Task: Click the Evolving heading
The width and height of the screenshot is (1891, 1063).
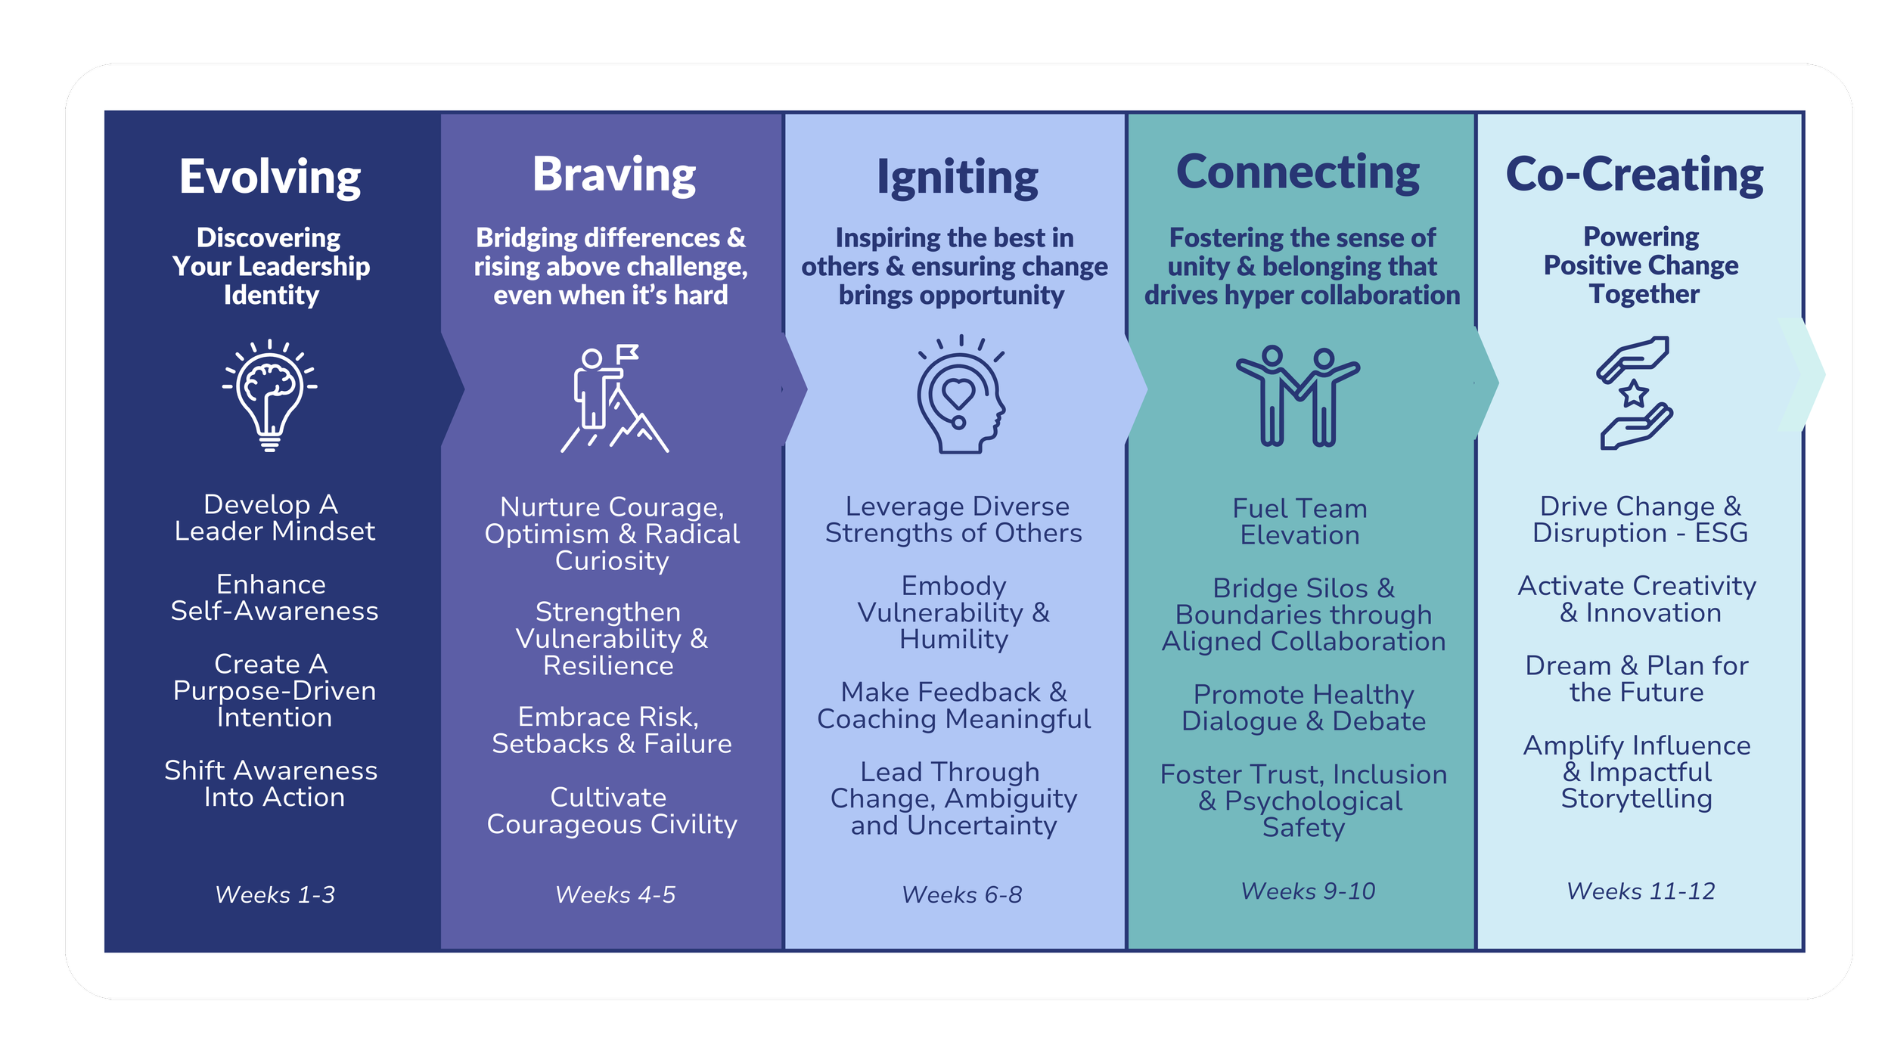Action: (x=270, y=177)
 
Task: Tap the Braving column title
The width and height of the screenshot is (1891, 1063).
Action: (x=613, y=175)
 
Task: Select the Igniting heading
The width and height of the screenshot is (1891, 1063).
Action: (x=957, y=178)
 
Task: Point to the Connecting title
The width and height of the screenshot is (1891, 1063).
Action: (x=1298, y=172)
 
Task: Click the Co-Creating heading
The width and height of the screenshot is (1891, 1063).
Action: (x=1635, y=175)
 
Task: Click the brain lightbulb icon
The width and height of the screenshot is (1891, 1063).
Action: (x=269, y=395)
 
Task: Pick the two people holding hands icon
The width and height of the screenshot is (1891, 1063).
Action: (x=1298, y=395)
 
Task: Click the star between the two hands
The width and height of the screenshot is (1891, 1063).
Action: (x=1634, y=393)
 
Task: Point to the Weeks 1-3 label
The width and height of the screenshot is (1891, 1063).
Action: (x=275, y=894)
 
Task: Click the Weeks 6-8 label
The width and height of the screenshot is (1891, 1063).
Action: (x=961, y=894)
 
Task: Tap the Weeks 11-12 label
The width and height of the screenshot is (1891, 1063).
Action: (x=1641, y=891)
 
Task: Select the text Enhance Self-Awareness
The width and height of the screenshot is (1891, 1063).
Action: (x=274, y=597)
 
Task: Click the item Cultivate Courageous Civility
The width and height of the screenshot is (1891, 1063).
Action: (x=611, y=810)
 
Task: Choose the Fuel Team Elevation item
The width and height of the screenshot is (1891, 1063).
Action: (x=1299, y=522)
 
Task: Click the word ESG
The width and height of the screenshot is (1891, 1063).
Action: (x=1721, y=533)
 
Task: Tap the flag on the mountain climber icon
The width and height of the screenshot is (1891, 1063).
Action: (x=628, y=352)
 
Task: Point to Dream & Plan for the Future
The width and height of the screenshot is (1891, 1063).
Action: (x=1637, y=679)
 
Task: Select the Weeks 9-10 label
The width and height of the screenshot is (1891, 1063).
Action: (x=1308, y=891)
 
